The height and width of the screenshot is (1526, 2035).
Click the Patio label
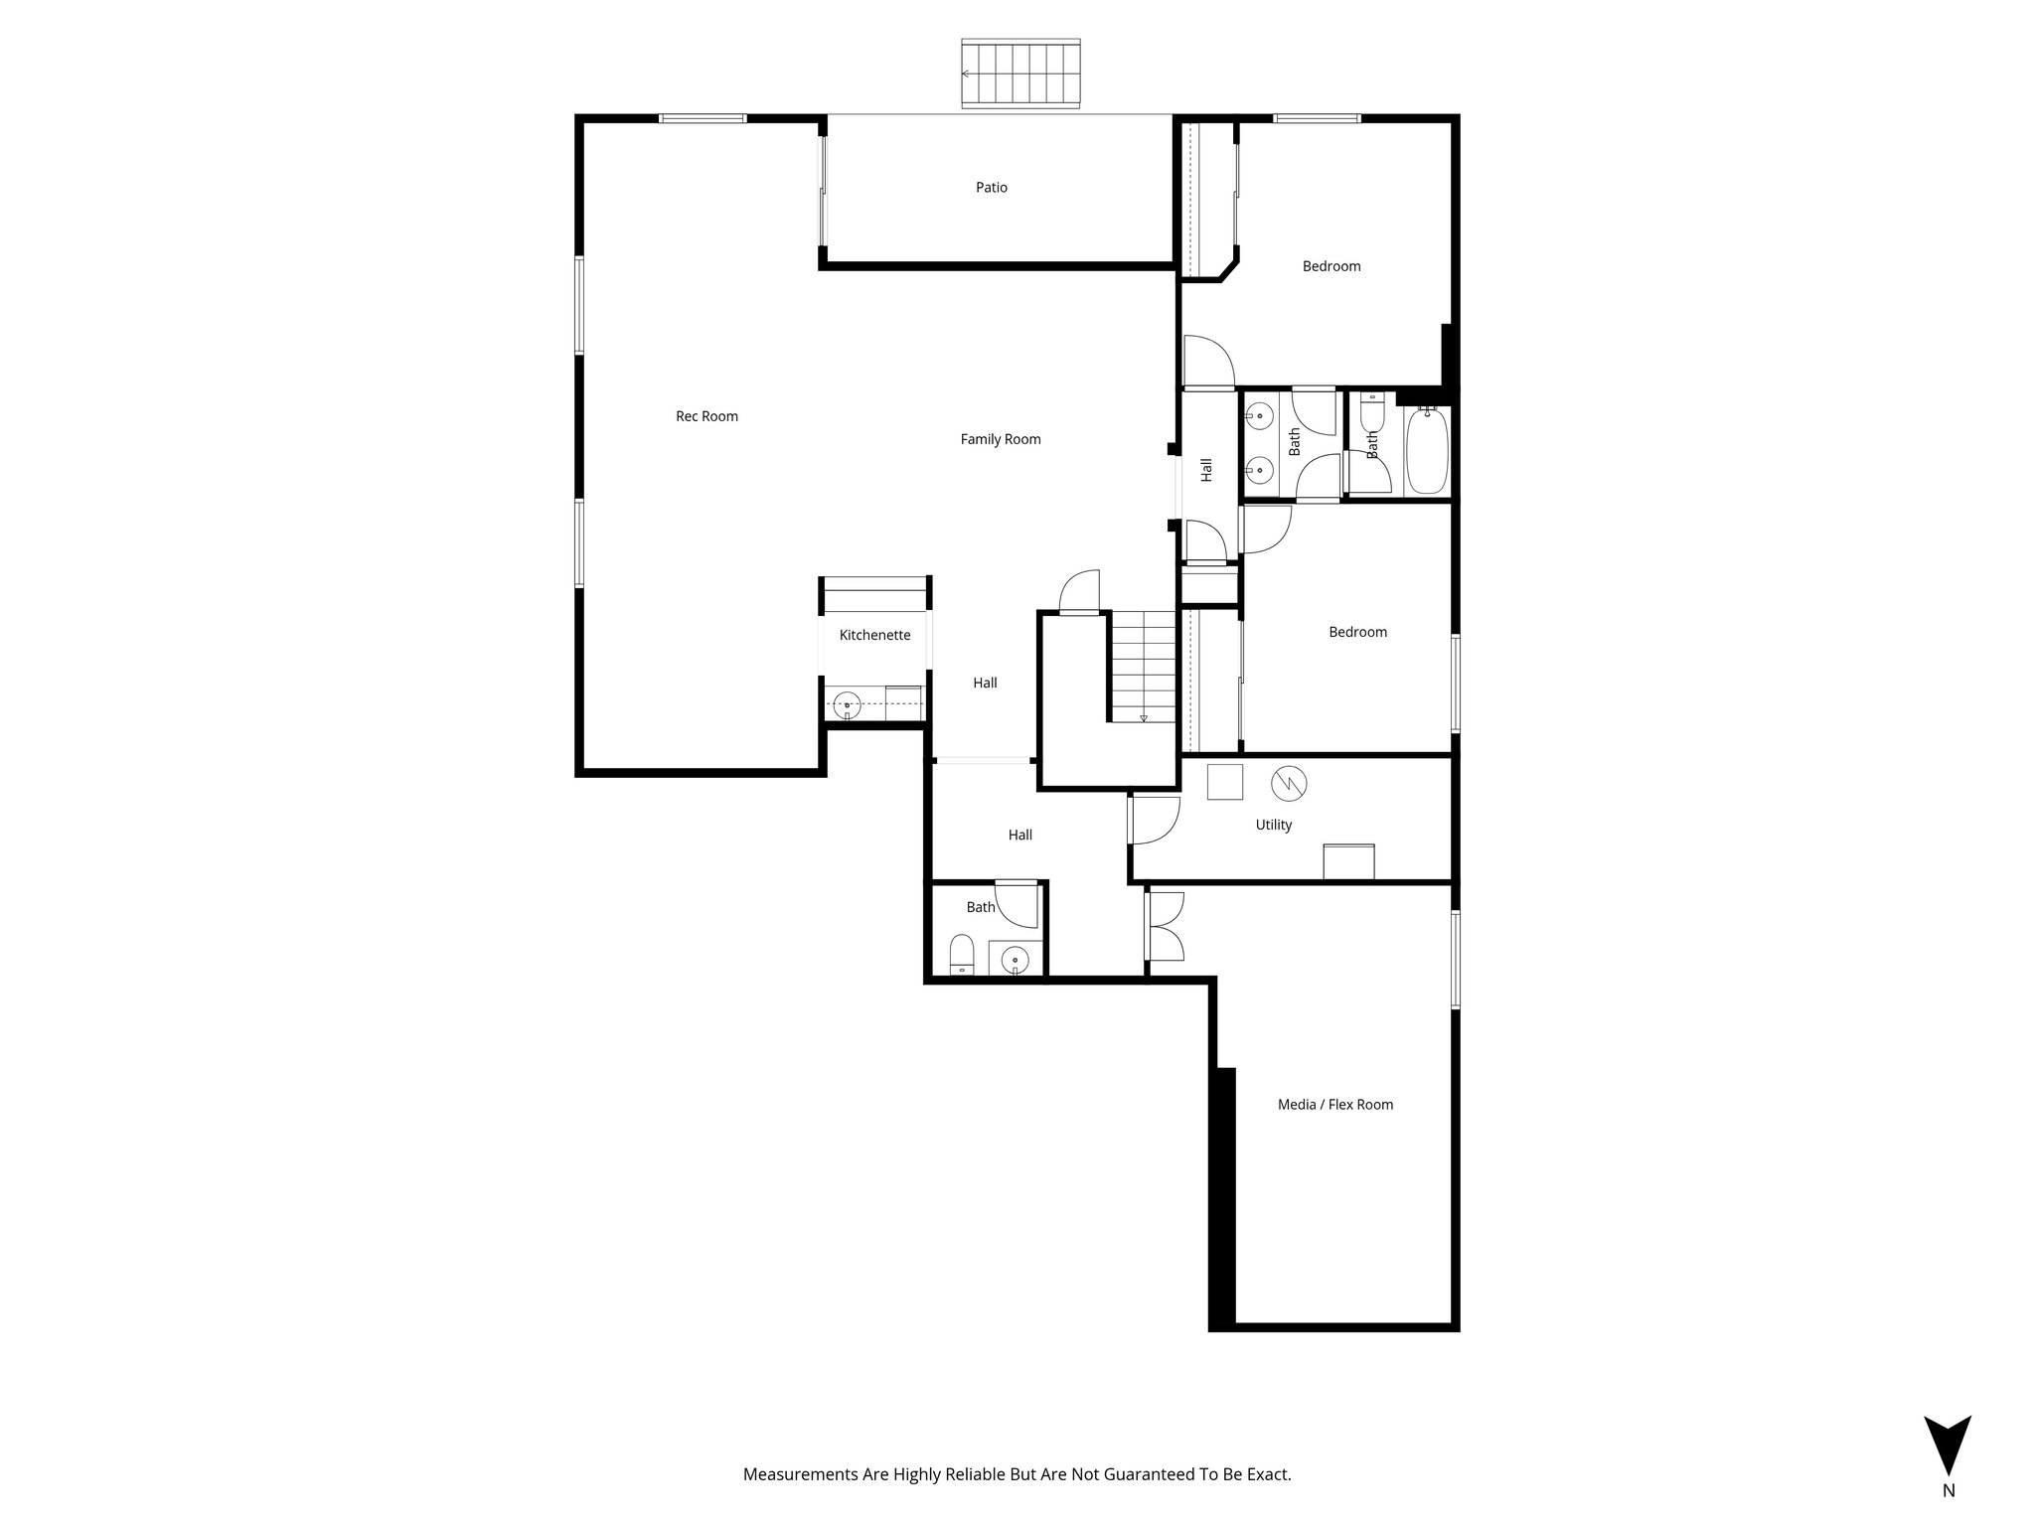(x=991, y=187)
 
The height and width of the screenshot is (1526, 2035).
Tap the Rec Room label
(x=706, y=416)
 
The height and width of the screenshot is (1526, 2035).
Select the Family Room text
(x=1000, y=439)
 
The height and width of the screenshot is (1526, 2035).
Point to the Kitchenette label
(x=874, y=635)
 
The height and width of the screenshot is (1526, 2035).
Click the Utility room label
(x=1273, y=825)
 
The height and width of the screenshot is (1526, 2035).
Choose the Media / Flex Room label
(x=1334, y=1104)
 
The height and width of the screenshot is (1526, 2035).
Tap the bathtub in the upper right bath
(x=1427, y=451)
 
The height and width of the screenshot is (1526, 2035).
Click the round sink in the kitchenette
(x=847, y=704)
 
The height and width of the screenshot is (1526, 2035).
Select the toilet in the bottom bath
(x=961, y=956)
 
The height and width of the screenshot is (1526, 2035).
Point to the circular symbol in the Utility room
(x=1290, y=784)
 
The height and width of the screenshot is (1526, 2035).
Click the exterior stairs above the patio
(x=1020, y=74)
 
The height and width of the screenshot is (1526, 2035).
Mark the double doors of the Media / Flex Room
(x=1165, y=927)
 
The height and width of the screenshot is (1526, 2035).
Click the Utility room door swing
(x=1154, y=820)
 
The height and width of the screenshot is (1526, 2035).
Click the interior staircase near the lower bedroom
(x=1144, y=664)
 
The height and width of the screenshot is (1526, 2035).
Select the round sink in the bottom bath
(x=1014, y=959)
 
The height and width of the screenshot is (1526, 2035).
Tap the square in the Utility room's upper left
(x=1224, y=782)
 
